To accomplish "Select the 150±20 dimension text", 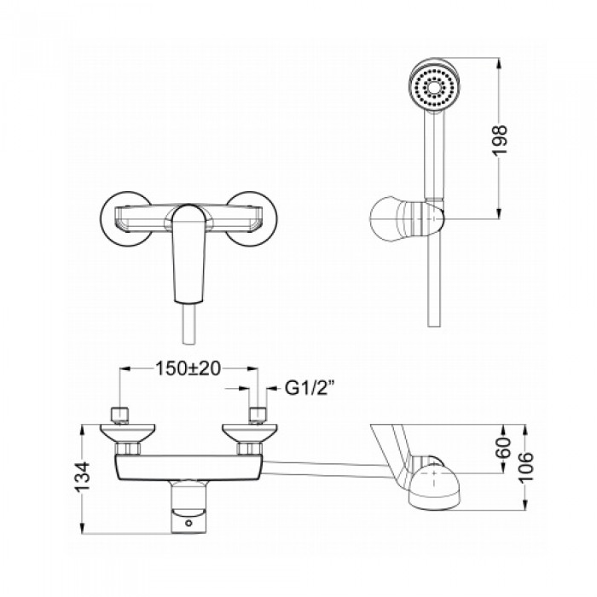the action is click(x=188, y=368).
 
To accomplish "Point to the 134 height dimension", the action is click(x=82, y=477).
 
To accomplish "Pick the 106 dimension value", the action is click(x=526, y=467).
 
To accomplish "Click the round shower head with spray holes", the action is click(x=435, y=86).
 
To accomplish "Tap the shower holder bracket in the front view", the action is click(x=407, y=219).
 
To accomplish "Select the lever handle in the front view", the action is click(x=189, y=253).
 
